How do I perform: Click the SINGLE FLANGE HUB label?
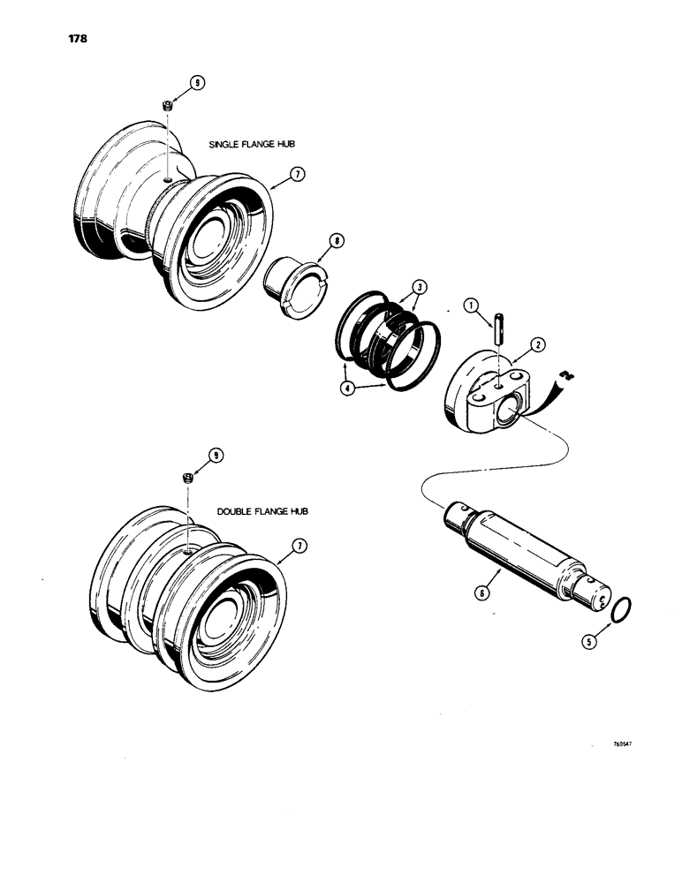(x=250, y=143)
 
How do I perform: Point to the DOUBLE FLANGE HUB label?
(x=262, y=512)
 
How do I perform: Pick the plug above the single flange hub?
(x=166, y=107)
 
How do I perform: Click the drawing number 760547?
(x=623, y=743)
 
